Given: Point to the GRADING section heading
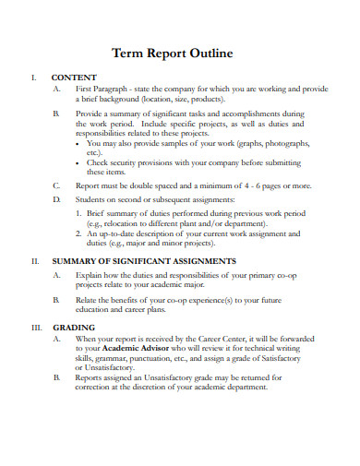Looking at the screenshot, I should pyautogui.click(x=70, y=328).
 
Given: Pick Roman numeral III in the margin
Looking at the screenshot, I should pyautogui.click(x=37, y=328).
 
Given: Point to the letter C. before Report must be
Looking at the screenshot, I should pyautogui.click(x=57, y=185).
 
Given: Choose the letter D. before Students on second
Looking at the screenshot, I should pyautogui.click(x=57, y=199).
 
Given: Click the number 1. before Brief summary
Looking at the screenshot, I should pyautogui.click(x=78, y=213).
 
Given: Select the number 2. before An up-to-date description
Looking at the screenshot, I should pyautogui.click(x=78, y=233).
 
